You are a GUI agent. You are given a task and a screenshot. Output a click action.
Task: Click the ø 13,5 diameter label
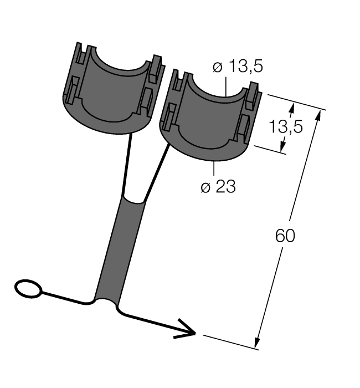238,67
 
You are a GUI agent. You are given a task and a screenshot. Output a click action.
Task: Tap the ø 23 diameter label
218,187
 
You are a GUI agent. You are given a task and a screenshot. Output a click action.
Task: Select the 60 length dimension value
285,236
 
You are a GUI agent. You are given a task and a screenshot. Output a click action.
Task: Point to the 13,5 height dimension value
286,127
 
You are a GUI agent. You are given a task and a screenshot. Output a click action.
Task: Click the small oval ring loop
28,288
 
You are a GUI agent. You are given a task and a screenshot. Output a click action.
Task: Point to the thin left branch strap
128,164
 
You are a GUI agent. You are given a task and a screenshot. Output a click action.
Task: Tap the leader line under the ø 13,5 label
226,86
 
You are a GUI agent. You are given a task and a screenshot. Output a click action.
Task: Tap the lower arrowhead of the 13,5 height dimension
283,146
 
